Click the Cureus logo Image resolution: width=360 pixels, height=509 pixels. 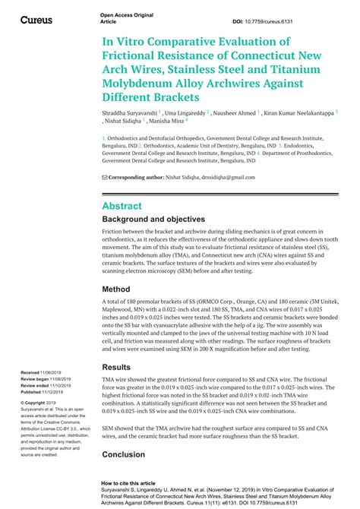(x=36, y=18)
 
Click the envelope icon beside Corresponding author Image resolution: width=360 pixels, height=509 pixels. (x=104, y=177)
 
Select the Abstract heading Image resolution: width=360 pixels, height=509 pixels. (x=122, y=206)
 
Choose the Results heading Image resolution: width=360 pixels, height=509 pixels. (x=122, y=368)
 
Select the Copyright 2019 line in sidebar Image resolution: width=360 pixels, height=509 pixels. (x=36, y=402)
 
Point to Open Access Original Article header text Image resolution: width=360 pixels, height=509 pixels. (x=121, y=18)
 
